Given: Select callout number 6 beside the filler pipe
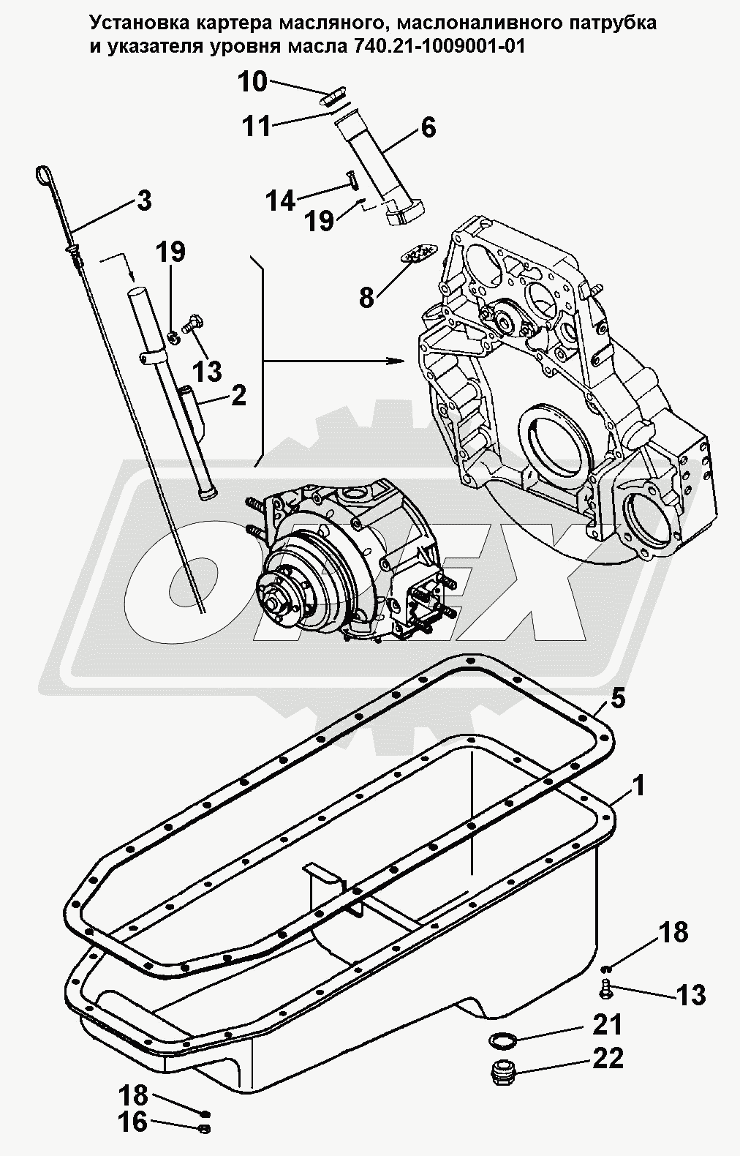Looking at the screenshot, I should coord(428,128).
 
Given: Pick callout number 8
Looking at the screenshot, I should coord(366,296).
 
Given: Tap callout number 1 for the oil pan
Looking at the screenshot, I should coord(638,787).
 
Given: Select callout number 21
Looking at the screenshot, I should coord(608,1025).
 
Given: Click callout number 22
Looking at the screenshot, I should coord(608,1058).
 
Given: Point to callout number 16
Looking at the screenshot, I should coord(134,1122).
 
